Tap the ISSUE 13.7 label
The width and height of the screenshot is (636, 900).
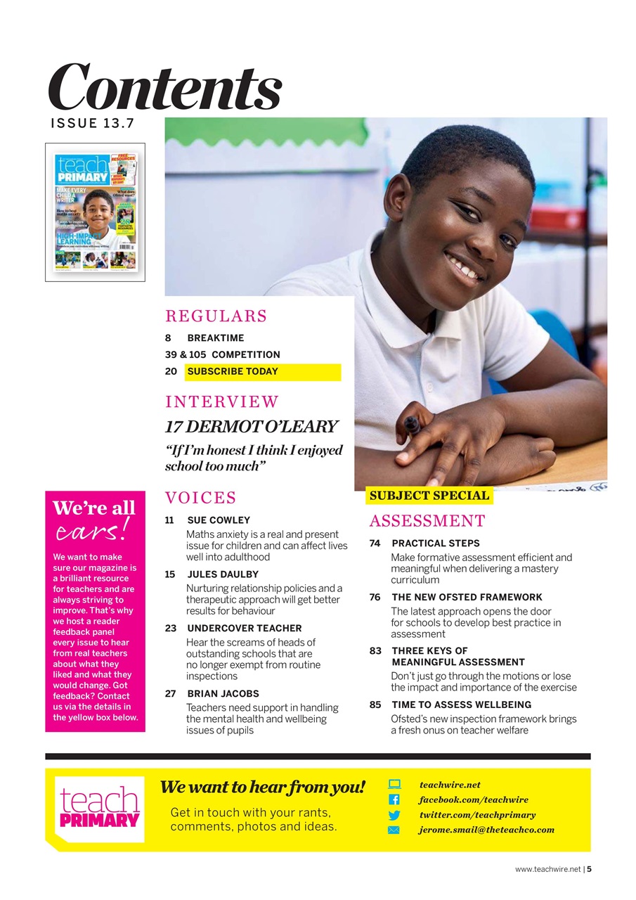(x=92, y=124)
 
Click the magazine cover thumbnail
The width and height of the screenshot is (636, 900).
(x=96, y=212)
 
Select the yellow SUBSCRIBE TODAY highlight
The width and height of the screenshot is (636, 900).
(x=263, y=372)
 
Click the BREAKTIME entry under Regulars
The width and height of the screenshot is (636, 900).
(x=216, y=338)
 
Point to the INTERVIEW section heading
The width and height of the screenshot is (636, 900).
(x=222, y=402)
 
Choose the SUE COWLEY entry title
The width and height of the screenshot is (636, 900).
(x=219, y=520)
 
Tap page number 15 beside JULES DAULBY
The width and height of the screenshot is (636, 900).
(x=170, y=574)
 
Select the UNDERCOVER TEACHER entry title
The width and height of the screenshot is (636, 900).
(x=245, y=628)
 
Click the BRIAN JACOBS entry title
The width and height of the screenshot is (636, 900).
(x=223, y=693)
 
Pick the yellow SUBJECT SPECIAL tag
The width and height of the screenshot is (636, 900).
(x=429, y=496)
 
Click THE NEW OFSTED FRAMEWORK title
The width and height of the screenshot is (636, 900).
(x=467, y=597)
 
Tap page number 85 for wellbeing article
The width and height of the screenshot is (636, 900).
(x=375, y=705)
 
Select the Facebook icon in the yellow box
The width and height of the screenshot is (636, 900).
(x=394, y=800)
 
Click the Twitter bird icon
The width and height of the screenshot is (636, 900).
(x=394, y=816)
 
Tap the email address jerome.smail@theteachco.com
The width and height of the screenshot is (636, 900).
(x=486, y=830)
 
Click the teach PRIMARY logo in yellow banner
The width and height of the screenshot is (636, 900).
(x=99, y=809)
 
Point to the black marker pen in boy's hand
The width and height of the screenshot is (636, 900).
(x=412, y=425)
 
